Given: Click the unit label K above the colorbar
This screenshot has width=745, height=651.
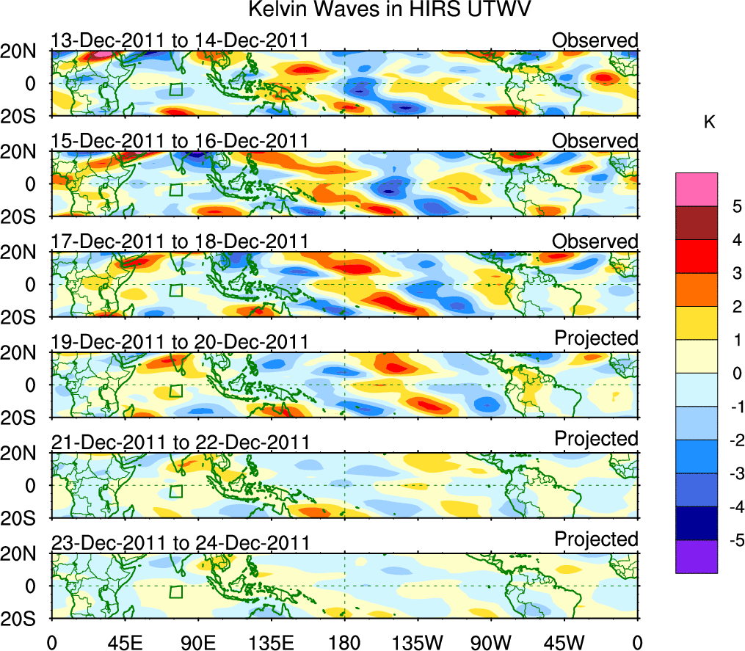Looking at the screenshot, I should [x=709, y=123].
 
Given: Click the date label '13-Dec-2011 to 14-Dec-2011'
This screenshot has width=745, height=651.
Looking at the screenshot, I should [x=180, y=40].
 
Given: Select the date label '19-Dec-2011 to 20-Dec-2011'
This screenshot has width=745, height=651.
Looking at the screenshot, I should [x=180, y=342].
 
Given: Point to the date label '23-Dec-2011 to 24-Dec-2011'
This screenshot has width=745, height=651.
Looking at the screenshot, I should [x=180, y=543].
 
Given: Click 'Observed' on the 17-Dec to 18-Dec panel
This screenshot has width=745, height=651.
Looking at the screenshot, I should [x=595, y=241].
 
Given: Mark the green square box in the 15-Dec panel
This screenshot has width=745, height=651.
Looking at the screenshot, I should [x=175, y=189].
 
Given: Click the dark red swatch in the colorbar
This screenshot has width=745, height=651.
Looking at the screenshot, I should [x=696, y=222].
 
